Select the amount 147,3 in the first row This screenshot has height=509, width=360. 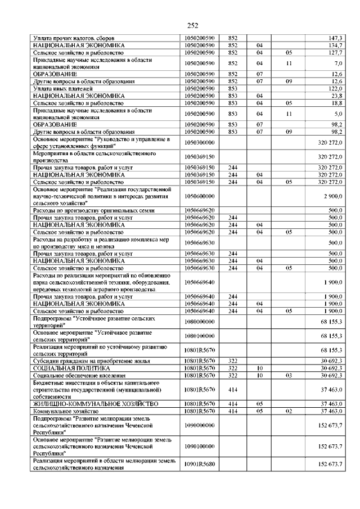336,38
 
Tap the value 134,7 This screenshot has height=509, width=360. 336,44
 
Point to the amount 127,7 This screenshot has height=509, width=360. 336,52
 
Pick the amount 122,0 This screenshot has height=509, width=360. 336,89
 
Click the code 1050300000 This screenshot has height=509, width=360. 200,143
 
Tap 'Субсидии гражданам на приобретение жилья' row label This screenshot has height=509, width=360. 83,360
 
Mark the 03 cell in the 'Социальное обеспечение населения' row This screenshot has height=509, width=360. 289,375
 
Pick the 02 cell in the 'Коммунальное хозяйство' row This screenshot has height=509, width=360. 289,411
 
